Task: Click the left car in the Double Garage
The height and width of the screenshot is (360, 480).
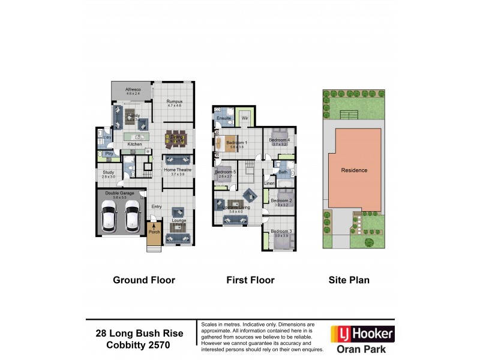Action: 109,217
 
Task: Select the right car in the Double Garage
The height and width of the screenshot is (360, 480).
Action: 131,217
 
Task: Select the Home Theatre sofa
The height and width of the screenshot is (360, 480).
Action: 178,160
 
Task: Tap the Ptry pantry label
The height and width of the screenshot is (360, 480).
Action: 109,154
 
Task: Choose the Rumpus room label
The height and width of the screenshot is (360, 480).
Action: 175,102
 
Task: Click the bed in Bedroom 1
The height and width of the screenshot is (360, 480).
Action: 231,143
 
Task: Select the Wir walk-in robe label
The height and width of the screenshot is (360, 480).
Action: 245,119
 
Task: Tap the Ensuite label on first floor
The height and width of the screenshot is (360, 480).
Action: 224,119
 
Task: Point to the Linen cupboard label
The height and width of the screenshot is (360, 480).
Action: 269,183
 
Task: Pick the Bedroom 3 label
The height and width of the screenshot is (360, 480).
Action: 281,232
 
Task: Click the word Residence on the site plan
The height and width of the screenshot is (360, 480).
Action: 354,170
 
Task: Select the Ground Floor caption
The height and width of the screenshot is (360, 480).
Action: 144,280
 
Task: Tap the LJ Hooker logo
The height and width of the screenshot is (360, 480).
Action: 362,333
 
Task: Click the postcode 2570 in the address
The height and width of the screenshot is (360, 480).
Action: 158,345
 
